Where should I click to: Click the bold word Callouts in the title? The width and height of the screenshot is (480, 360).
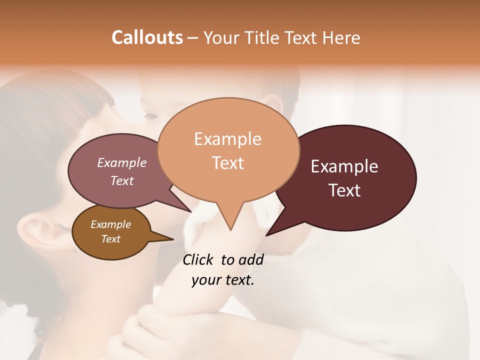tap(147, 37)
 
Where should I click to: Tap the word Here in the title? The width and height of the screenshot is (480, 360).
tap(341, 37)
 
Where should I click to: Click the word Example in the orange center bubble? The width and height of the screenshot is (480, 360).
tap(227, 139)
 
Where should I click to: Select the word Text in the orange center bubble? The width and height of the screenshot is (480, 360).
tap(227, 163)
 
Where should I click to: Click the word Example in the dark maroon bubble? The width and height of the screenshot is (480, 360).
tap(344, 166)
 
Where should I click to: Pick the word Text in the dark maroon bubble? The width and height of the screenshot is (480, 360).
tap(344, 190)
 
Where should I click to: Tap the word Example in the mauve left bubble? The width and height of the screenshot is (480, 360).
tap(122, 162)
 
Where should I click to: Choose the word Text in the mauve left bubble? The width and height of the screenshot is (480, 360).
tap(122, 180)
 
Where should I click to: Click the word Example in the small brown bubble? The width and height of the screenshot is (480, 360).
tap(110, 224)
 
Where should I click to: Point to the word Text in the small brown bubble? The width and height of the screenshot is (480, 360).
tap(110, 239)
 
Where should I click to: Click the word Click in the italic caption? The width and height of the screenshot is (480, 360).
tap(198, 259)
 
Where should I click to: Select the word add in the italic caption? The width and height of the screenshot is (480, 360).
tap(251, 259)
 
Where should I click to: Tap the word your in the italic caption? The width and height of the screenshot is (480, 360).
tap(205, 280)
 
